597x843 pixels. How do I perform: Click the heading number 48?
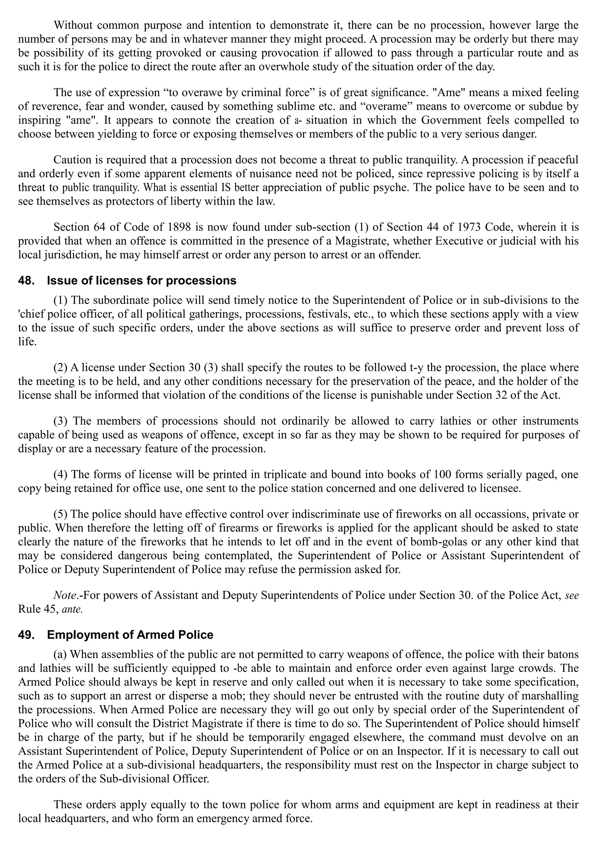click(x=26, y=281)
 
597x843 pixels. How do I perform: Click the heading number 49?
click(x=26, y=635)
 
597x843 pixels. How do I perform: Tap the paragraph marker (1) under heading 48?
click(x=61, y=300)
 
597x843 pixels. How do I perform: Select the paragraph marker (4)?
click(x=61, y=475)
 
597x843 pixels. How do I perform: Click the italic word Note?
click(x=64, y=595)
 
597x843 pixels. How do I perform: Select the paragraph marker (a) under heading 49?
click(x=60, y=655)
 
